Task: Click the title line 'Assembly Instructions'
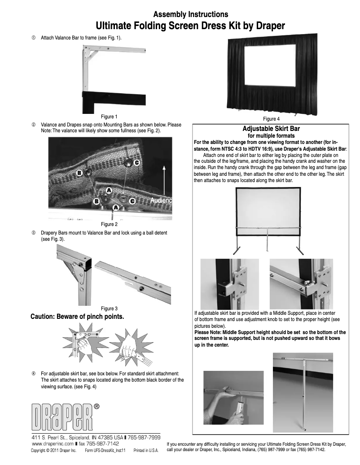click(x=191, y=15)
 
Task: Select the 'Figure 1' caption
click(x=109, y=117)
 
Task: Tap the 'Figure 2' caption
click(x=109, y=224)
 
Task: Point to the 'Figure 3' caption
click(x=109, y=308)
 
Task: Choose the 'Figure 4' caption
click(x=271, y=119)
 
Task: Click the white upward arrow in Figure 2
click(x=165, y=179)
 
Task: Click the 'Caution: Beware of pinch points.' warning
click(x=77, y=317)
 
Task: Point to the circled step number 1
click(x=33, y=39)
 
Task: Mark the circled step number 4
click(x=33, y=373)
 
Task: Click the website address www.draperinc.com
click(x=56, y=443)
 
